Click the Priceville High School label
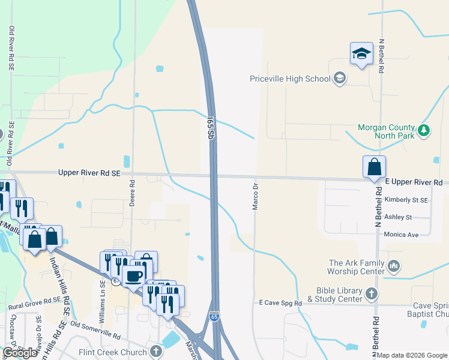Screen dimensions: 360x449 [290, 79]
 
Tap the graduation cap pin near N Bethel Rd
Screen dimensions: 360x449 [361, 53]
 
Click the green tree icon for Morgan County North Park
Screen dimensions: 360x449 [424, 130]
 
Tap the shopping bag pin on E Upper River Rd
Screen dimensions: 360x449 [374, 167]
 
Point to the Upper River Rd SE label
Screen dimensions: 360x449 [89, 173]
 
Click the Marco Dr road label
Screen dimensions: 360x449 [255, 197]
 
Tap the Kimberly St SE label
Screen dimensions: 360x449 [407, 200]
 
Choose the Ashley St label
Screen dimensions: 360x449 [399, 217]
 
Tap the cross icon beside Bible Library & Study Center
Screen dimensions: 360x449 [372, 293]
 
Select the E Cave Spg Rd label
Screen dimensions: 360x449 [280, 304]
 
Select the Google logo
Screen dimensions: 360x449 [20, 353]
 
